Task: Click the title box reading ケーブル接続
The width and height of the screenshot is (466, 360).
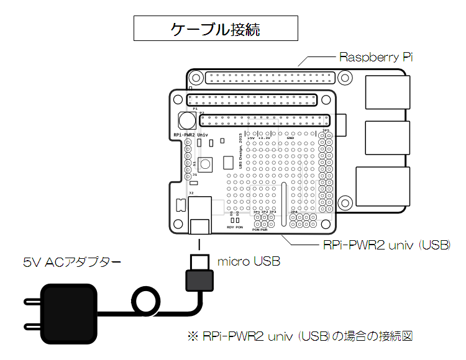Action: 216,29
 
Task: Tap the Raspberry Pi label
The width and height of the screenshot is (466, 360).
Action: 376,57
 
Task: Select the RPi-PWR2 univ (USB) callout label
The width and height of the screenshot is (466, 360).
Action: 386,245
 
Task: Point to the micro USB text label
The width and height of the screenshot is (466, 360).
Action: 249,262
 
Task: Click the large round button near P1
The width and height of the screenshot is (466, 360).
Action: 185,119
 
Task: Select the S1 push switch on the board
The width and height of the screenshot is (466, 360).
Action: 204,163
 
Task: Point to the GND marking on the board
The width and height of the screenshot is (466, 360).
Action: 299,138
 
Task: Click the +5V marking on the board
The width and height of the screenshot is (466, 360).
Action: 251,138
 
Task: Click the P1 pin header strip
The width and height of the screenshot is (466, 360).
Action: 253,100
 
